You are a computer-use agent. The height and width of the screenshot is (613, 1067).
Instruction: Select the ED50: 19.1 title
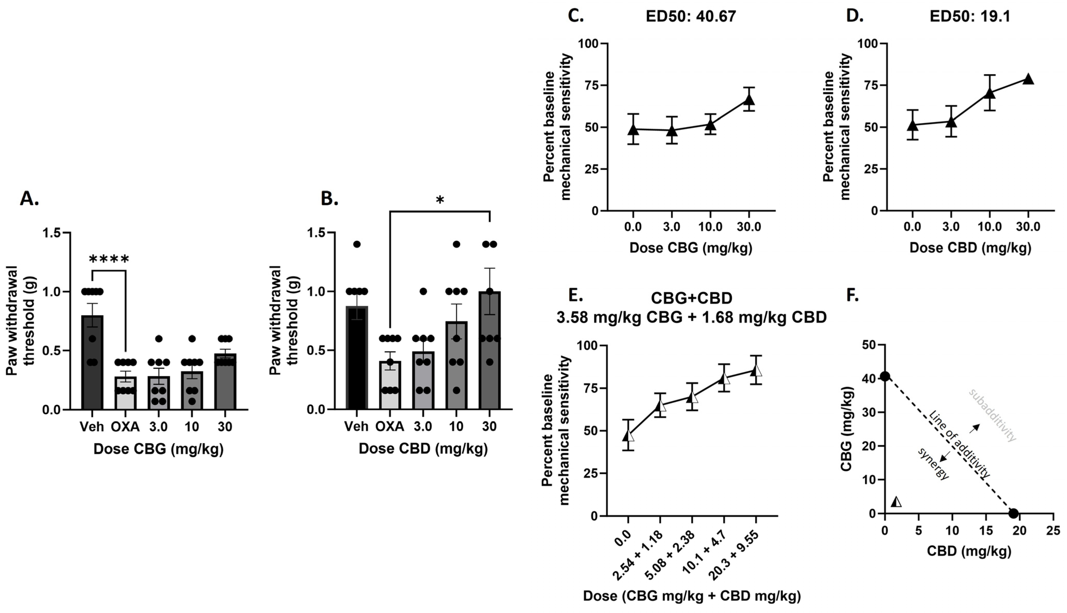970,17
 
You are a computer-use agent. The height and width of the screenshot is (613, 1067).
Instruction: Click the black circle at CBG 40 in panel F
885,376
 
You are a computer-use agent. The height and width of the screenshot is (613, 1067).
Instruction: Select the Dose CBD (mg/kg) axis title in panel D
970,248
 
